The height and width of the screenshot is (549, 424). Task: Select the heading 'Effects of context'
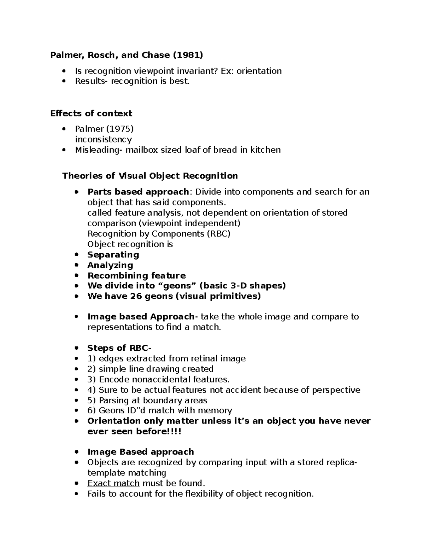(x=91, y=113)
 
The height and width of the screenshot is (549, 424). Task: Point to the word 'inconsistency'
(x=104, y=139)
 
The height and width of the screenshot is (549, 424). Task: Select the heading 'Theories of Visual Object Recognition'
(x=150, y=176)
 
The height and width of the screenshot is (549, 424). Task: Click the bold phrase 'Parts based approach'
(x=138, y=192)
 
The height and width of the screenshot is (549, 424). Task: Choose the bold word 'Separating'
(x=113, y=255)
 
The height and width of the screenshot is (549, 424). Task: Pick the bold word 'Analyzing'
(x=110, y=265)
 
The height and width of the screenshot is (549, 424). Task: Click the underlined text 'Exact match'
(x=113, y=483)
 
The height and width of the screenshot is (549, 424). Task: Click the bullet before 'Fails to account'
(x=76, y=494)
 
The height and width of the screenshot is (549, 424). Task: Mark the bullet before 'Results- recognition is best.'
(x=64, y=81)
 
